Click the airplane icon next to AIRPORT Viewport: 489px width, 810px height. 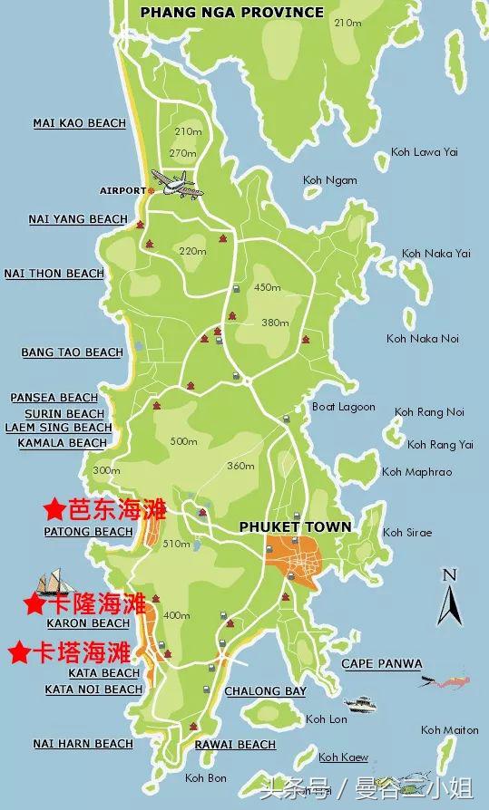click(174, 184)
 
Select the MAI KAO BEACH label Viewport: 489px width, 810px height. click(79, 123)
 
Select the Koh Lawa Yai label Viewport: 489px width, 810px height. click(424, 152)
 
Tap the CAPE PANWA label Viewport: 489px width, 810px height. click(381, 664)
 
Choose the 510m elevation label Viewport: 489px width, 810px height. click(176, 545)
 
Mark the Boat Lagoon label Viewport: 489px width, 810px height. click(343, 407)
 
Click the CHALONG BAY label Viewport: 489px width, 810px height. click(265, 691)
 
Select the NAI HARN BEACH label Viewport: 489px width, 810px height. click(83, 744)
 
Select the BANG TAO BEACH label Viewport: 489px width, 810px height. click(72, 352)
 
